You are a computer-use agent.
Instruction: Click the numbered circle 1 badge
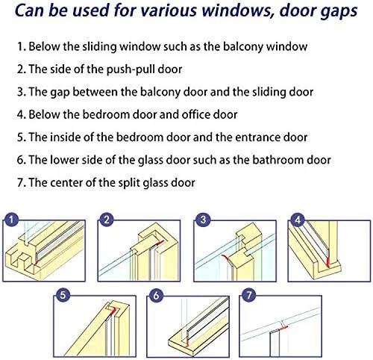point(11,220)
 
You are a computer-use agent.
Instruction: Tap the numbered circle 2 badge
point(107,220)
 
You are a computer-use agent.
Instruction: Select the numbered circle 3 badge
point(203,220)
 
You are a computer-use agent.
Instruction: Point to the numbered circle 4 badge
point(298,220)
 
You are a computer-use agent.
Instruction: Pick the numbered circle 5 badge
point(63,295)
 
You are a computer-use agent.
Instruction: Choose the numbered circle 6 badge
point(156,295)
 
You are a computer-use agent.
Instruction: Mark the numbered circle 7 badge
point(249,295)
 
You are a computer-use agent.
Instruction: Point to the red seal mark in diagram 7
point(284,328)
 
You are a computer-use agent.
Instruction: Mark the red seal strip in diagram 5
point(114,311)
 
